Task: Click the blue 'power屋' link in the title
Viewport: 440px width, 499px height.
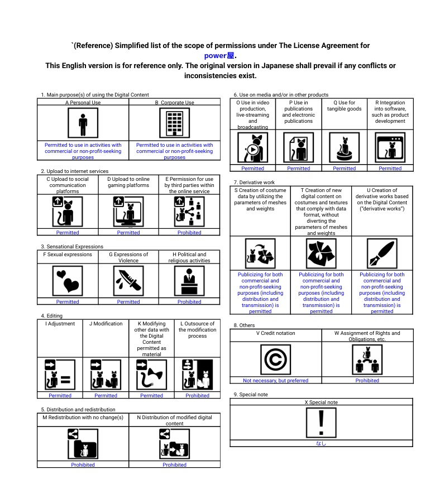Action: tap(219, 56)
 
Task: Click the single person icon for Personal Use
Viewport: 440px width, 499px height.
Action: tap(83, 123)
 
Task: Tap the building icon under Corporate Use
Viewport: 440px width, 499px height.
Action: tap(174, 123)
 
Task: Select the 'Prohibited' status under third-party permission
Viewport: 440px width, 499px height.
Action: tap(189, 233)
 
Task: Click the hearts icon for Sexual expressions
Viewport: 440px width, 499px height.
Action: tap(68, 281)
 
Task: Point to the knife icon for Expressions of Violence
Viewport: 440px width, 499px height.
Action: tap(128, 281)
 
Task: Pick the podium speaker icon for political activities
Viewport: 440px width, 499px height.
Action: tap(189, 281)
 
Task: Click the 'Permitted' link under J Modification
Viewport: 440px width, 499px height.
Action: tap(106, 396)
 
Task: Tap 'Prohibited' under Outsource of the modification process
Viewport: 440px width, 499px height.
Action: tap(198, 396)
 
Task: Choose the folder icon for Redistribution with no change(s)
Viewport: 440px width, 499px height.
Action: tap(83, 444)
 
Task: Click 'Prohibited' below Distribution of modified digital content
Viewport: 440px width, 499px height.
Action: tap(174, 465)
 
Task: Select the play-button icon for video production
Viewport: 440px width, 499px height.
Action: tap(253, 148)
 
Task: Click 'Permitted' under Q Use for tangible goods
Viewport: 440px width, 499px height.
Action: tap(344, 169)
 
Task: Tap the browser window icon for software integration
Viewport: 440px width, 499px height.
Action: tap(390, 148)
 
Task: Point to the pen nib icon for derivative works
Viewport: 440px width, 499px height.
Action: tap(382, 253)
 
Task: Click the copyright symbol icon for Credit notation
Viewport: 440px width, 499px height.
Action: tap(276, 359)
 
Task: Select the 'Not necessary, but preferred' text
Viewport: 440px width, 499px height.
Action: tap(276, 381)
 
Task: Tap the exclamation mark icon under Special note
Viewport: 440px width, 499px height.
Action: tap(321, 423)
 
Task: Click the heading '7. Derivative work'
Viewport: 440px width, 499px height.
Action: tap(254, 183)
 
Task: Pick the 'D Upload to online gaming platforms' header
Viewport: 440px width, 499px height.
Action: tap(128, 182)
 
